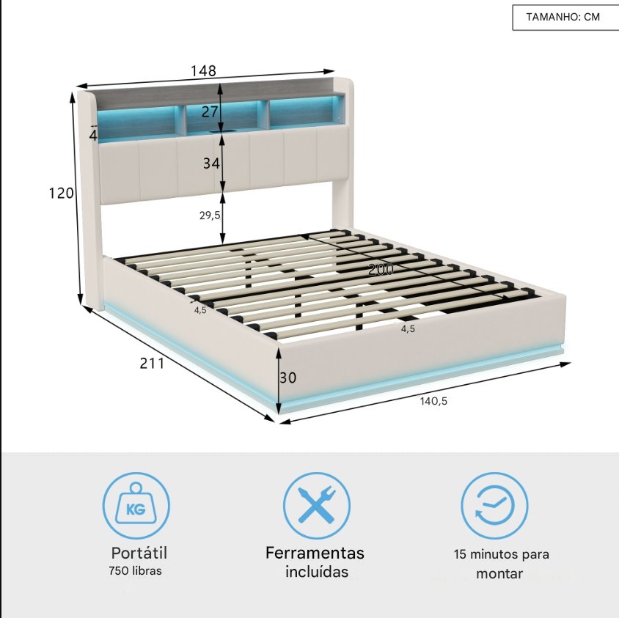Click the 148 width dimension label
203,70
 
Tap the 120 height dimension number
61,193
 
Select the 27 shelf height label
210,111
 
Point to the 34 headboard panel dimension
211,163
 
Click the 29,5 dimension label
210,216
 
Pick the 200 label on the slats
381,269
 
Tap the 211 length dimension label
152,363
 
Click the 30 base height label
287,378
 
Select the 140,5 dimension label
433,401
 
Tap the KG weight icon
136,506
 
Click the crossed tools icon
317,506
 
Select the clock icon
494,506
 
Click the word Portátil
139,553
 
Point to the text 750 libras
136,570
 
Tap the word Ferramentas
315,553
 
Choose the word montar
499,573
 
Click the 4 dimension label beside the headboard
93,136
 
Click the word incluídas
317,571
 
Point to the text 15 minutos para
502,554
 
